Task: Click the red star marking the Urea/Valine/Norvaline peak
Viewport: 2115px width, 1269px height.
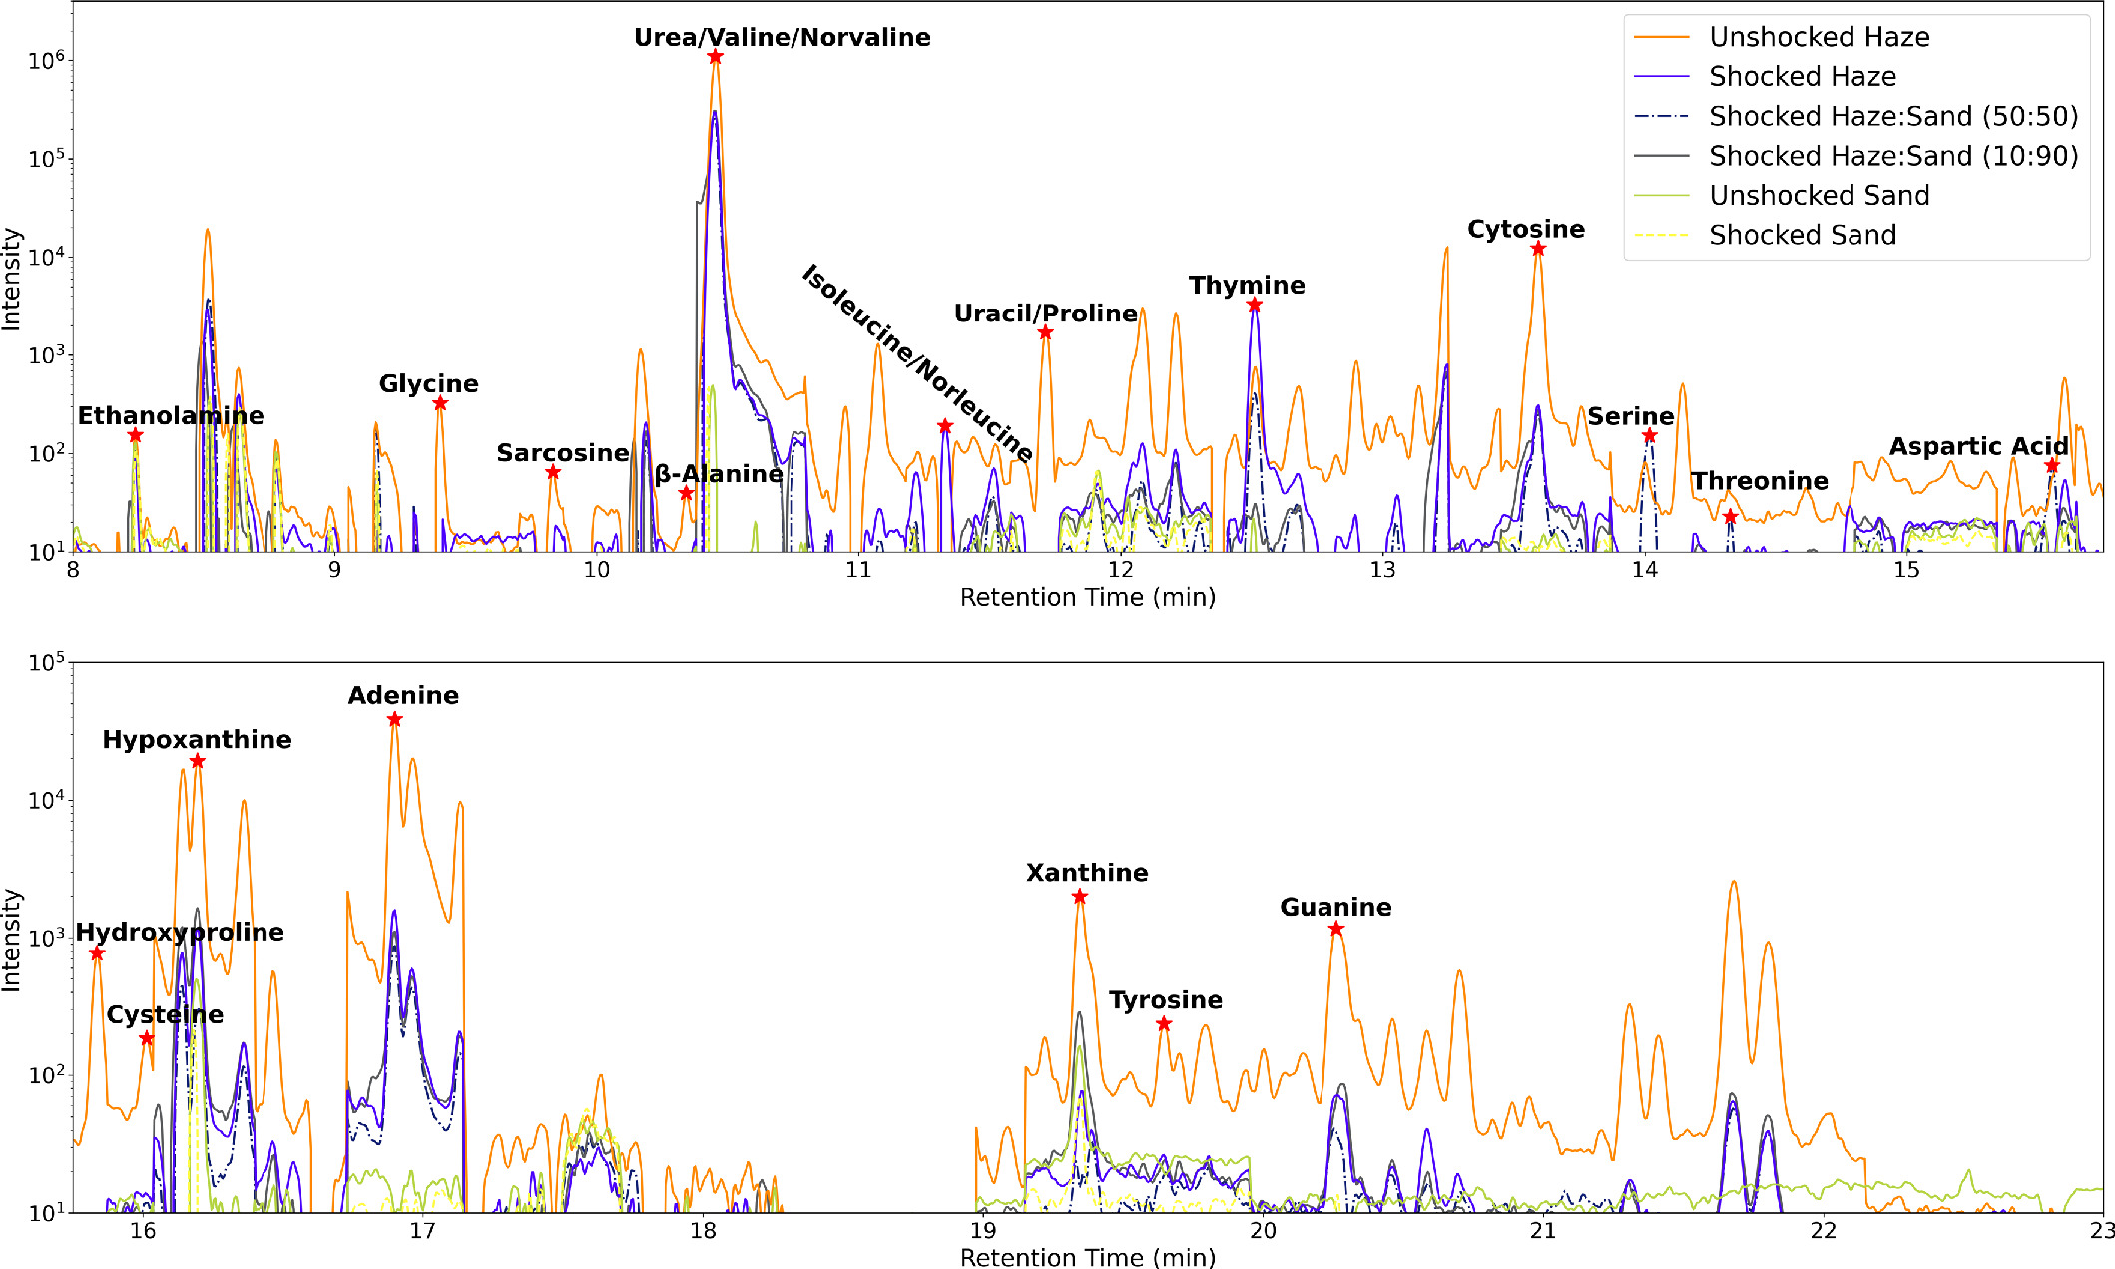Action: [x=715, y=57]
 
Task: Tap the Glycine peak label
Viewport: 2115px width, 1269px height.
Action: [x=428, y=384]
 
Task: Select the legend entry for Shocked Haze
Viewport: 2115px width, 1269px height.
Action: [x=1802, y=76]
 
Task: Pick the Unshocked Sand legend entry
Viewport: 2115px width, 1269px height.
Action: [x=1819, y=195]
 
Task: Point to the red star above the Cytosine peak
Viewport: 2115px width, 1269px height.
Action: [x=1538, y=249]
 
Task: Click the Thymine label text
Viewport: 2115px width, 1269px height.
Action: [x=1247, y=286]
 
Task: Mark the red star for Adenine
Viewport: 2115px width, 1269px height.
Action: [x=395, y=720]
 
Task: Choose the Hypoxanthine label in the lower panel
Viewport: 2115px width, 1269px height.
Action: [x=197, y=740]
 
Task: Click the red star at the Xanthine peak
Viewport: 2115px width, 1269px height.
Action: [x=1080, y=897]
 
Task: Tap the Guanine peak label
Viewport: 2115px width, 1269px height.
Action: [x=1335, y=908]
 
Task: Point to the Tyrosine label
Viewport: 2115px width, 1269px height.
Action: [x=1166, y=1000]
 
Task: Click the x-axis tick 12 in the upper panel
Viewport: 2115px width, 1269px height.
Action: [x=1120, y=570]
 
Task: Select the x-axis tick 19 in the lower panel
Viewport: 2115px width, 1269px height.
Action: [x=983, y=1231]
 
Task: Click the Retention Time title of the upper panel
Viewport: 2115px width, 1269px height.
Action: [x=1087, y=598]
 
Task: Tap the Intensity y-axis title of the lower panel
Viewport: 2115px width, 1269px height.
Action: [x=11, y=940]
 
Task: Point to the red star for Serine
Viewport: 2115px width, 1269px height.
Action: [x=1650, y=436]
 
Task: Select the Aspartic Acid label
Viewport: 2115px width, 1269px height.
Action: [x=1978, y=447]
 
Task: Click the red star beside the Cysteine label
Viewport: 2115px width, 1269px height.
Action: [x=147, y=1039]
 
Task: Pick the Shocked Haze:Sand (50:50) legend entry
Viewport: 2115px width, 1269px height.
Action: [x=1892, y=116]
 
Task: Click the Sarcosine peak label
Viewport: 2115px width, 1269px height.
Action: [x=563, y=453]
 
